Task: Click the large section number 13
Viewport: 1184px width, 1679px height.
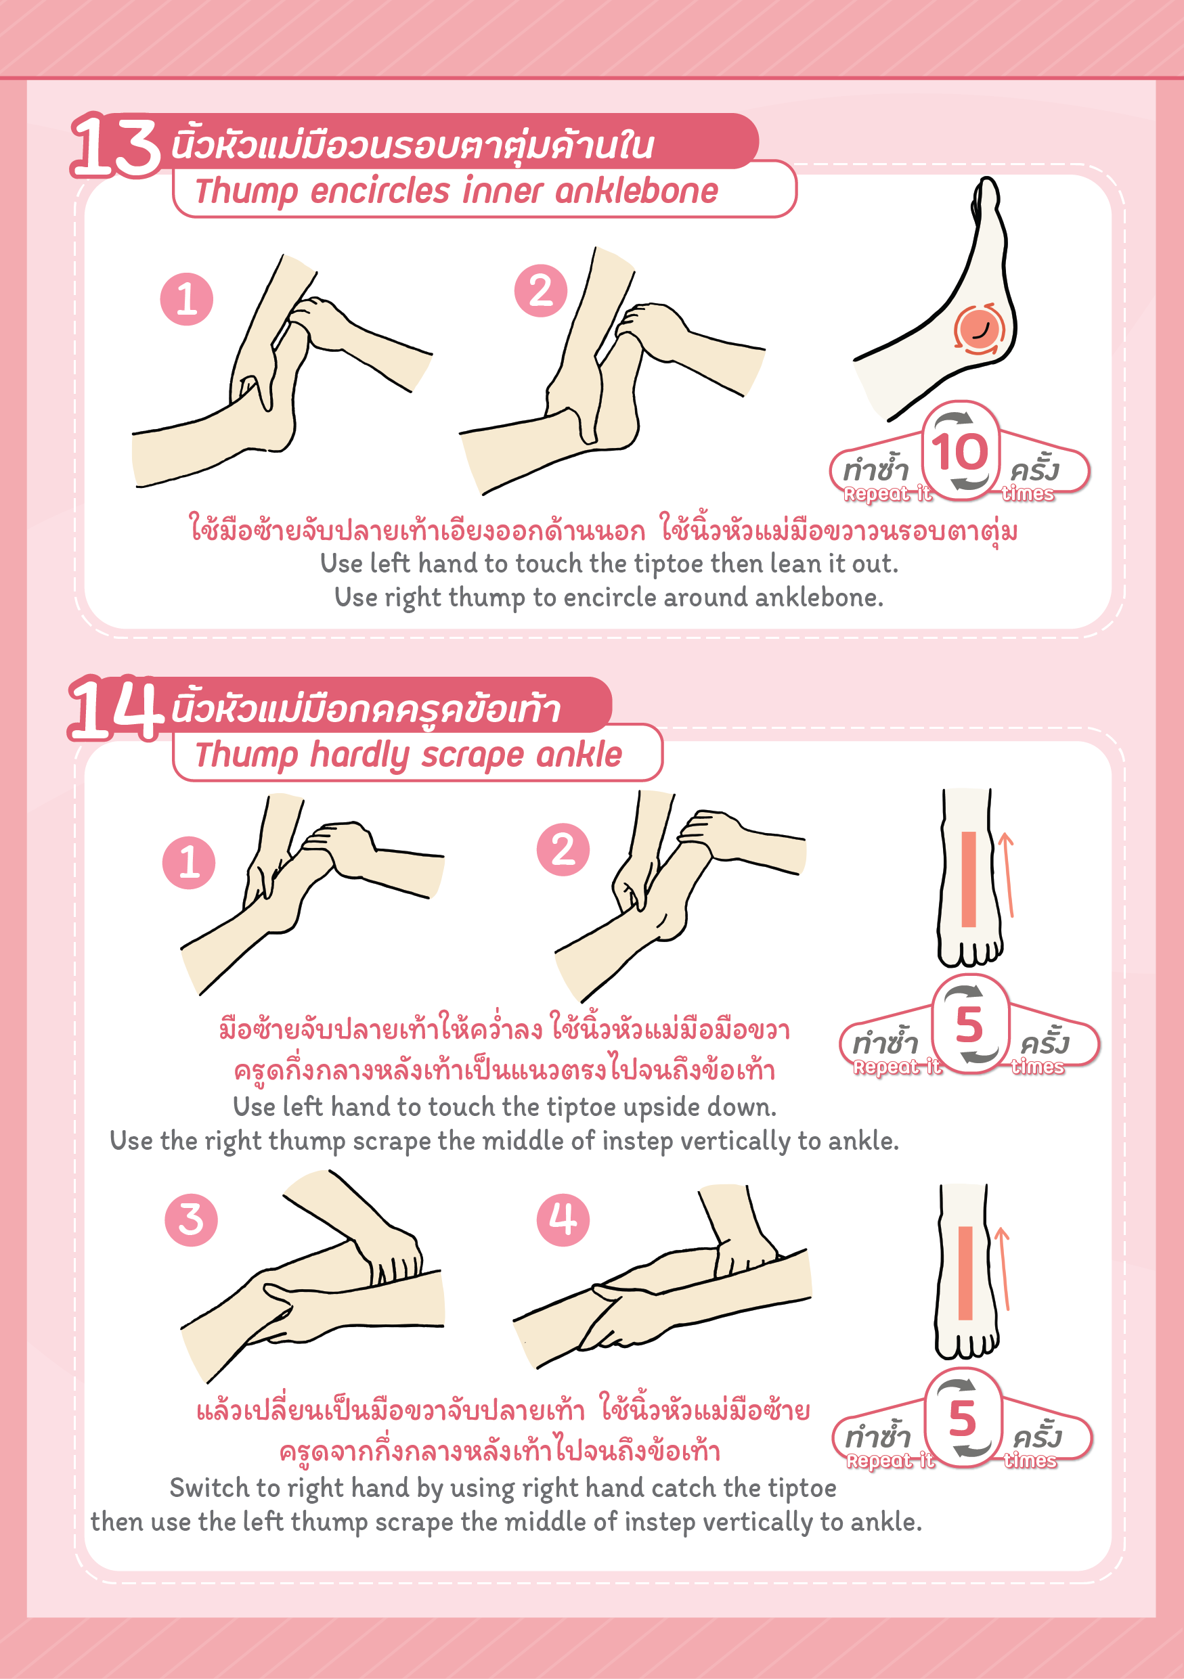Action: [116, 145]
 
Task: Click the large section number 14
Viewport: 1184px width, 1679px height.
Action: [116, 708]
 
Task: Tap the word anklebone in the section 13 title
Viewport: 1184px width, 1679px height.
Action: [636, 192]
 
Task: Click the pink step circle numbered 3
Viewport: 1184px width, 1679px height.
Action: [191, 1219]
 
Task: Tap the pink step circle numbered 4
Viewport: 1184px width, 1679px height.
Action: [563, 1219]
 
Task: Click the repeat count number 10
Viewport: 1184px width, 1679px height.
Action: [959, 451]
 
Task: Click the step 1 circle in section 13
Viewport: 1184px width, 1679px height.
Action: [186, 299]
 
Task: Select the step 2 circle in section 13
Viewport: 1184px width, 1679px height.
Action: [540, 290]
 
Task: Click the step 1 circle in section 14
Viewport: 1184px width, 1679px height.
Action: [189, 863]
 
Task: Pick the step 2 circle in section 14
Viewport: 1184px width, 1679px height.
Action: [563, 850]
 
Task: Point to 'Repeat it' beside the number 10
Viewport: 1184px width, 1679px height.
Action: [887, 494]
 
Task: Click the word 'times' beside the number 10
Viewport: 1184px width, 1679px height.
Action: [1028, 494]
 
